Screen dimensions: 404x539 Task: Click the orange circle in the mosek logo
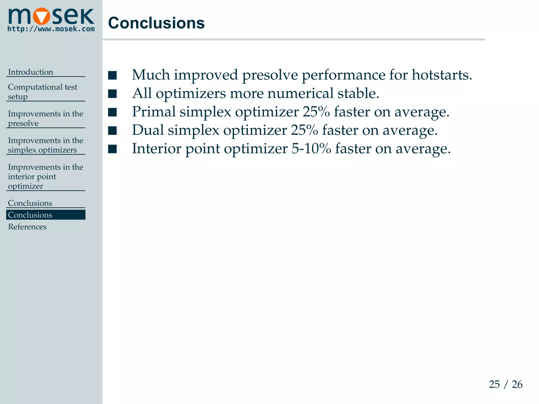41,16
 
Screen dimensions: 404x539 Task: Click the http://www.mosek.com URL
51,29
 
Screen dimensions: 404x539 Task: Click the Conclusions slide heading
156,23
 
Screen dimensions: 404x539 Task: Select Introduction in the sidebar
31,72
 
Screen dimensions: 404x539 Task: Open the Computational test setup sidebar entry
42,92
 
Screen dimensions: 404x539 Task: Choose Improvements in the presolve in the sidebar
45,118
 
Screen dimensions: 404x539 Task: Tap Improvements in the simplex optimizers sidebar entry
45,145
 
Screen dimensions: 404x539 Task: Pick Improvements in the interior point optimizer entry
45,176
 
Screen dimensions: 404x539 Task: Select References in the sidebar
27,227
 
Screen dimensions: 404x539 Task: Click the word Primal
154,112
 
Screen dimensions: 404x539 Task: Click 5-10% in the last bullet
311,149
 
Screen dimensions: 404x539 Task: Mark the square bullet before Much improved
112,75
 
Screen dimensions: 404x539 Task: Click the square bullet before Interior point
112,149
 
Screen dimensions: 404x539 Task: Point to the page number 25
494,385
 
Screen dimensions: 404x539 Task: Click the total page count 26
517,385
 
